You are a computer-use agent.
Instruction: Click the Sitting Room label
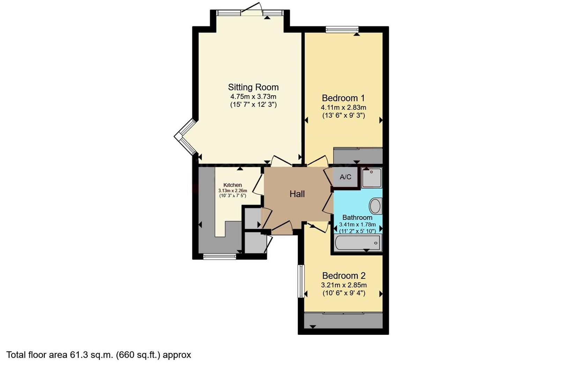click(253, 87)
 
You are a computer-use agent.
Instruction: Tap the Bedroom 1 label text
click(343, 98)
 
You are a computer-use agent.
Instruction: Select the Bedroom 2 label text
click(344, 276)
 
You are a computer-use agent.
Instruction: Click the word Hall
click(297, 194)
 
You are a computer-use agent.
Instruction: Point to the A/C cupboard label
click(345, 177)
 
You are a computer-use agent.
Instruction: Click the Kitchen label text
click(232, 185)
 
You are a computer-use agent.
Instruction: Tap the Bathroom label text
click(357, 217)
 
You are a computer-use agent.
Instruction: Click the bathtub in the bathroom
click(357, 243)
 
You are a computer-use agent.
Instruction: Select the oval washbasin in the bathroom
click(375, 206)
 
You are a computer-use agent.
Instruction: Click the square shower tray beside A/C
click(372, 178)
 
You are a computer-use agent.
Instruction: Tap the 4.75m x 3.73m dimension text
click(253, 97)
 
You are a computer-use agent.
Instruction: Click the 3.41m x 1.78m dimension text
click(357, 224)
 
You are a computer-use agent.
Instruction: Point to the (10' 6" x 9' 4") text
click(344, 293)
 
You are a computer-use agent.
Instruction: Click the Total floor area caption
click(99, 355)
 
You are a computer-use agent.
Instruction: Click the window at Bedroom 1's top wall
click(342, 30)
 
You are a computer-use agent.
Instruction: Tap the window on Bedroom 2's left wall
click(301, 281)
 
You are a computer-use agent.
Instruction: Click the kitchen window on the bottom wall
click(220, 257)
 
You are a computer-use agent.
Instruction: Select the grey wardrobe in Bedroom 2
click(343, 320)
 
